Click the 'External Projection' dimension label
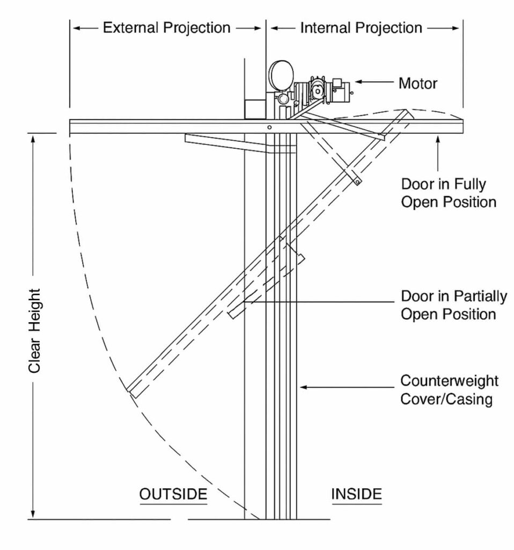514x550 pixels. [166, 28]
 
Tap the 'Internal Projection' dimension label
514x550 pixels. [361, 28]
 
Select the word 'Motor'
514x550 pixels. [418, 83]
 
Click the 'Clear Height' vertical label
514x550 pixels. [35, 331]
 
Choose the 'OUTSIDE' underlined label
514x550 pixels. [173, 494]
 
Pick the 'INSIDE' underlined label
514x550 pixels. [357, 494]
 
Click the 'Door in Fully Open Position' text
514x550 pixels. [449, 193]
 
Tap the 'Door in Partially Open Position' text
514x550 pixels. [454, 305]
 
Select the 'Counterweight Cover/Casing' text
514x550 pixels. [449, 390]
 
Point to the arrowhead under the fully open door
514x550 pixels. [438, 140]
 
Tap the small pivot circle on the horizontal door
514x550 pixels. [269, 127]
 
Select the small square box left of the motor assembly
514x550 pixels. [255, 108]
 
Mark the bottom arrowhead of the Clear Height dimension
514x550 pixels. [33, 514]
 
